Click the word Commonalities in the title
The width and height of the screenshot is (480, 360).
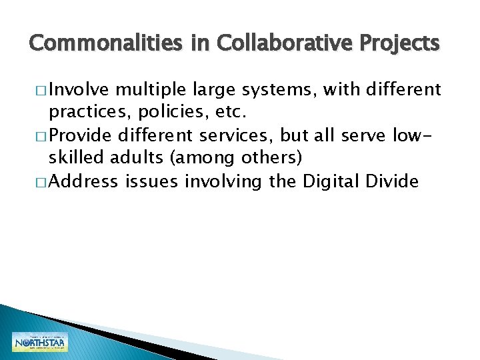[105, 43]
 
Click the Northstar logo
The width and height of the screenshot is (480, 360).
[39, 342]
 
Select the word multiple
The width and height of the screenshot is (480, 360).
[152, 89]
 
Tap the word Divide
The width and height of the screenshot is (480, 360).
[394, 182]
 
